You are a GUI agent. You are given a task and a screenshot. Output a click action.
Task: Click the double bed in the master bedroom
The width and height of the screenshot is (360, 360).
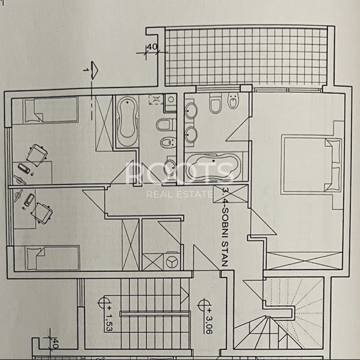pos(312,165)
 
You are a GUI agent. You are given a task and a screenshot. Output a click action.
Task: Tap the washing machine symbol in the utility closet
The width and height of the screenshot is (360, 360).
pos(172,262)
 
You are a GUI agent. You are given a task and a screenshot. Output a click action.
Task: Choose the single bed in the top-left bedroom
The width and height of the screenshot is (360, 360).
pos(50,109)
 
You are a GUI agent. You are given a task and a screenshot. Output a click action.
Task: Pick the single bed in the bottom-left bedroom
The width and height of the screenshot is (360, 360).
pos(53,258)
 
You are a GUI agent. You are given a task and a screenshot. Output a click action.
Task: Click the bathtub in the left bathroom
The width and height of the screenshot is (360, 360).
pos(127,121)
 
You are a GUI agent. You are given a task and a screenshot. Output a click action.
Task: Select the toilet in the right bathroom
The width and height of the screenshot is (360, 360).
pos(216,103)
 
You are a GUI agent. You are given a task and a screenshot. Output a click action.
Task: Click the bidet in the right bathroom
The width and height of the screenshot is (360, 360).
pos(233,101)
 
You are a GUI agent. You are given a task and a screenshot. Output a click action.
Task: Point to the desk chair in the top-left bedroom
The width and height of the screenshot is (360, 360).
pos(37,155)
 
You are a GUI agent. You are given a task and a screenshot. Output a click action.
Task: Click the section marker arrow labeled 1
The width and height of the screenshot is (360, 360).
pos(94,70)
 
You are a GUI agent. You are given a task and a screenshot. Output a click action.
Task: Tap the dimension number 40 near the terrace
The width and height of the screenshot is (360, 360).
pos(151,47)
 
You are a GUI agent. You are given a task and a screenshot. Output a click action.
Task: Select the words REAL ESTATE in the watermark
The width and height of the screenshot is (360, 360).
pos(180,194)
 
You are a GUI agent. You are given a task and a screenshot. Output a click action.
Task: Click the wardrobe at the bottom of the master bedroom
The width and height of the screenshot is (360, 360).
pos(304,261)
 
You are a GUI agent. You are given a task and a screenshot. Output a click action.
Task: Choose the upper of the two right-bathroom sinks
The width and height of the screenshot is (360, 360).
pos(191,111)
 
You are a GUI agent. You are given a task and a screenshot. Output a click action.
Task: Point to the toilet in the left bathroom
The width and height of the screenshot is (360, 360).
pos(166,125)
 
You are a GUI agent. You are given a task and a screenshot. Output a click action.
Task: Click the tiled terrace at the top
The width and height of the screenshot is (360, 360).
pos(246,56)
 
